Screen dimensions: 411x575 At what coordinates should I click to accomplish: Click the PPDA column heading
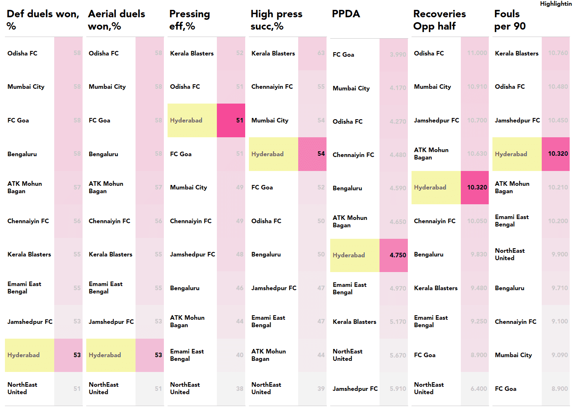pos(346,14)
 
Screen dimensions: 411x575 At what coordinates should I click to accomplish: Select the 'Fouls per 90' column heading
pos(510,20)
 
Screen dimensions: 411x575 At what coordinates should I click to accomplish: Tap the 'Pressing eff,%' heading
pos(189,20)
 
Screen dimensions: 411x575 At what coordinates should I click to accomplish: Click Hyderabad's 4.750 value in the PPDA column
pos(398,255)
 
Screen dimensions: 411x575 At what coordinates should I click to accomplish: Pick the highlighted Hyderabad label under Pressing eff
pos(186,120)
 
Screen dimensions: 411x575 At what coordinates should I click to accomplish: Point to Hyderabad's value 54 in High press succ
pos(321,154)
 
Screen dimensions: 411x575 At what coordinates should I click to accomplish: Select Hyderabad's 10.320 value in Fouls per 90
pos(558,154)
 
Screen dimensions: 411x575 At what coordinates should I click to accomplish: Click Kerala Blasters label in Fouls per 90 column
pos(516,53)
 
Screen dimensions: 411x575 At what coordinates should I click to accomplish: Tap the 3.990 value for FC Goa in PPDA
pos(398,55)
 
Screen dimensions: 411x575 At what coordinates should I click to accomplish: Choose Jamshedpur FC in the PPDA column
pos(355,389)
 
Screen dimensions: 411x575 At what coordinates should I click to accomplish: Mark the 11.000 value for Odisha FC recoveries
pos(477,53)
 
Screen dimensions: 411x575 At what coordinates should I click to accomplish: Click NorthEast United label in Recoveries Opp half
pos(429,388)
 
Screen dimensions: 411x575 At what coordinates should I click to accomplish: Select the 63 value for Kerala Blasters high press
pos(321,53)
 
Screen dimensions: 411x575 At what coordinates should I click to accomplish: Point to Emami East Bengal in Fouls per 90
pos(511,221)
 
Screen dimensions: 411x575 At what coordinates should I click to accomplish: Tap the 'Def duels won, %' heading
pos(43,20)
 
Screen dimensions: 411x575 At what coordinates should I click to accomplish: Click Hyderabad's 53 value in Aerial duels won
pos(158,355)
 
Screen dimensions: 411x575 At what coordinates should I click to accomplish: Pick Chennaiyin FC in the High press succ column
pos(272,87)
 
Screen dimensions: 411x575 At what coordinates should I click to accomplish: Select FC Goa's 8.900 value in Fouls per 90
pos(559,389)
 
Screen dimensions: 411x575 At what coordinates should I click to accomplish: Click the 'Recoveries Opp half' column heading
pos(439,20)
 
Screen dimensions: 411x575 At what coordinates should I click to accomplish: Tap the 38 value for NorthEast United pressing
pos(239,389)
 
